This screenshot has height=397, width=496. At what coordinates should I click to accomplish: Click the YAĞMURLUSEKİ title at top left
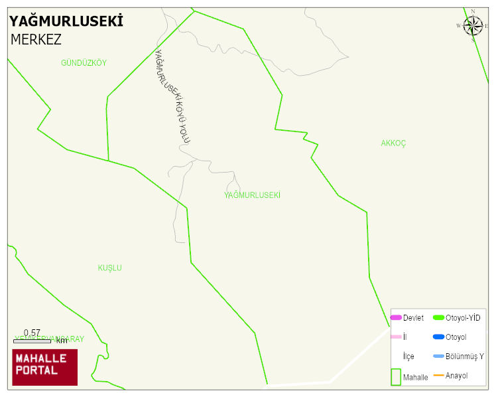click(x=66, y=21)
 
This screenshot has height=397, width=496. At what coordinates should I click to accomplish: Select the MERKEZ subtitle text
click(x=36, y=39)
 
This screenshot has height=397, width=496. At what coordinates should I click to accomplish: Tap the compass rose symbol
click(x=473, y=26)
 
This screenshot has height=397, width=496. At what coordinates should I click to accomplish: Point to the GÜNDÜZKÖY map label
click(x=84, y=63)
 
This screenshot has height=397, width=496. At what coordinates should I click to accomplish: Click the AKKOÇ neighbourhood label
click(x=393, y=143)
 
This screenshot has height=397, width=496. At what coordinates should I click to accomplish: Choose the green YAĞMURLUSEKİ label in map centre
click(x=252, y=195)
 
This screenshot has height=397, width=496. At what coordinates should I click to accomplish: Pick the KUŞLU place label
click(x=110, y=268)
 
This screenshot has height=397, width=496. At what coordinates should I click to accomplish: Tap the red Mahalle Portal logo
click(x=45, y=367)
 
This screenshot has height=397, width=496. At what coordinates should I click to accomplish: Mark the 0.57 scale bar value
click(x=32, y=333)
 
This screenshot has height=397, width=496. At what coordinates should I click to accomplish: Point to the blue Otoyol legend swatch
click(x=438, y=337)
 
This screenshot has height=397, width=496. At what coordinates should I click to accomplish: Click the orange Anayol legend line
click(x=438, y=376)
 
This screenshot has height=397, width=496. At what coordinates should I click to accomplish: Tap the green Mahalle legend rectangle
click(x=396, y=376)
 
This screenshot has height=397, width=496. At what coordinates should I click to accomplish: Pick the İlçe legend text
click(x=409, y=357)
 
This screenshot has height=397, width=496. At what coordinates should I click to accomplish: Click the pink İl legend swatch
click(x=396, y=337)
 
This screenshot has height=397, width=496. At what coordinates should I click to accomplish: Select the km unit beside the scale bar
click(x=62, y=341)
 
